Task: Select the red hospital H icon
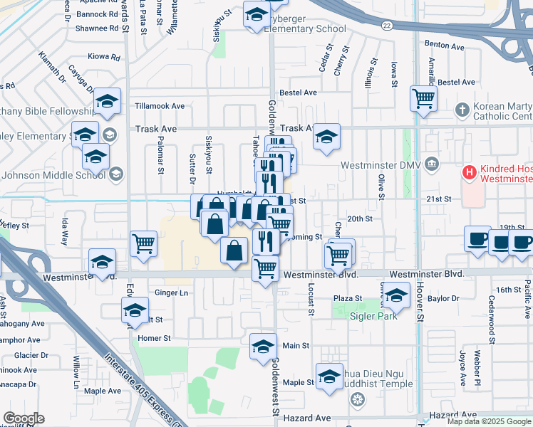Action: click(469, 172)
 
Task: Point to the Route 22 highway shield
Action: click(385, 25)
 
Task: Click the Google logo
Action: click(24, 418)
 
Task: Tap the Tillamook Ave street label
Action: click(160, 106)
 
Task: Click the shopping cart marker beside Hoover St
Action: click(423, 97)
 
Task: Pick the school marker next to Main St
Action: click(264, 347)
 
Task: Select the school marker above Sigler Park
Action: click(397, 295)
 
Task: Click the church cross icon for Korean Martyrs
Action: click(462, 110)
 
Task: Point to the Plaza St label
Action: click(348, 299)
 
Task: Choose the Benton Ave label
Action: click(440, 43)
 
